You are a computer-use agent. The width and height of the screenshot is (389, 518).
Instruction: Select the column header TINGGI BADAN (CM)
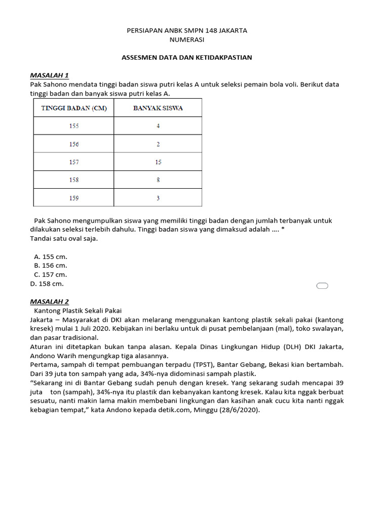[74, 108]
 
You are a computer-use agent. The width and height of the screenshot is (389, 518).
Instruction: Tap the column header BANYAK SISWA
[158, 108]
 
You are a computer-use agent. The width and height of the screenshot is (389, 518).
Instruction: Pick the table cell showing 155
[74, 126]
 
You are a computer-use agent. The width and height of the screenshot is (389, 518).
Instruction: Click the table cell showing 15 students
[158, 162]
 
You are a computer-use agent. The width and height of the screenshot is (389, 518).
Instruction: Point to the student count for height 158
[158, 180]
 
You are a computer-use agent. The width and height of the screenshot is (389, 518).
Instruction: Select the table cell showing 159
[74, 198]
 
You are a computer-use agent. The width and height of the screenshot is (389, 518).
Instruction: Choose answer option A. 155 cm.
[50, 256]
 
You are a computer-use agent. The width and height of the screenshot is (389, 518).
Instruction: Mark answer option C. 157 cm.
[50, 275]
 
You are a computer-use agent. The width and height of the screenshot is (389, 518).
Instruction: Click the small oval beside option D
[322, 286]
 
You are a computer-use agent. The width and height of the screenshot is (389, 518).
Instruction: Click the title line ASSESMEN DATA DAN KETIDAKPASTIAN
[186, 58]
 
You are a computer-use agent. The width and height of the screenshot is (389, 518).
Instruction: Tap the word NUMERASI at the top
[186, 39]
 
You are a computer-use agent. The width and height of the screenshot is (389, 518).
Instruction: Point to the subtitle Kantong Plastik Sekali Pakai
[78, 311]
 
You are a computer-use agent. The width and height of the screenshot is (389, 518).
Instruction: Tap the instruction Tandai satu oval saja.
[63, 239]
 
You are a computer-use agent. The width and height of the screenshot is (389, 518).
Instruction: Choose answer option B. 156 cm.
[50, 266]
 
